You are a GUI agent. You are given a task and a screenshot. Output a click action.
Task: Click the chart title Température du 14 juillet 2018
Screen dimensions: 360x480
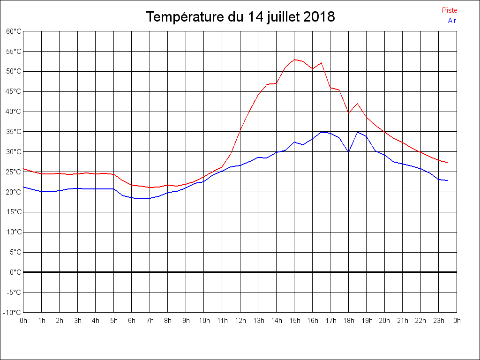click(x=240, y=17)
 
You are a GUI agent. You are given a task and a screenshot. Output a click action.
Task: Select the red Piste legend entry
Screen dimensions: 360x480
click(x=450, y=10)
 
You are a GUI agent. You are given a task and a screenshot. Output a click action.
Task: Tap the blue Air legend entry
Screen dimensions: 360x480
click(x=452, y=20)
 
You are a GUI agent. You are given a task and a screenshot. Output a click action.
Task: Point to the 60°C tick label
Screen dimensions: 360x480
click(x=14, y=31)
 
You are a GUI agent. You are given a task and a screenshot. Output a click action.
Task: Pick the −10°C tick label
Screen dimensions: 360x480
click(x=13, y=312)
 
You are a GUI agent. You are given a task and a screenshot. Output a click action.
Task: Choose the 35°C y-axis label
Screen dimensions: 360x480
click(x=14, y=132)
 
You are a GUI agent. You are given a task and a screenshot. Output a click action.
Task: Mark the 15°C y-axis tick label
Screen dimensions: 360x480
click(x=14, y=212)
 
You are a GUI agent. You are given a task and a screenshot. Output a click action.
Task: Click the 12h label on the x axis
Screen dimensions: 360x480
click(x=240, y=321)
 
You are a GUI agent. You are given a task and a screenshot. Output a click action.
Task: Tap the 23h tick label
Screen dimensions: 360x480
click(x=439, y=321)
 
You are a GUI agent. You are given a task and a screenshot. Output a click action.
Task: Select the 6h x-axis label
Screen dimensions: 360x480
click(x=132, y=321)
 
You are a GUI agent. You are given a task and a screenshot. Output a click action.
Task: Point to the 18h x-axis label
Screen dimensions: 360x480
click(x=348, y=321)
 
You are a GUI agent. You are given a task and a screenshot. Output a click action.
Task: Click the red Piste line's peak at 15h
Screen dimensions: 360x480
click(x=294, y=60)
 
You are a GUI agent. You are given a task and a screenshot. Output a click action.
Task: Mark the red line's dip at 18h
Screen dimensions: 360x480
click(x=348, y=112)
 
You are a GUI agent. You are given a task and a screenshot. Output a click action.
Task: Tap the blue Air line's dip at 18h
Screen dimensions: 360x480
click(x=348, y=152)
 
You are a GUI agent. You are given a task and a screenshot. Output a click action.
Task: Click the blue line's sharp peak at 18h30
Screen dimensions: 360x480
click(x=358, y=132)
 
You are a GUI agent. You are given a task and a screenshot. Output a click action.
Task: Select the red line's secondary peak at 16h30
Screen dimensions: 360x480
click(x=321, y=63)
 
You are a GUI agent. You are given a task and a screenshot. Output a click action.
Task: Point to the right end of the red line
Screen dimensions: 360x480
click(x=448, y=163)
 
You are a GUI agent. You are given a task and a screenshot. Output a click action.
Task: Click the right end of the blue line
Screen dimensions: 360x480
click(x=448, y=180)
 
